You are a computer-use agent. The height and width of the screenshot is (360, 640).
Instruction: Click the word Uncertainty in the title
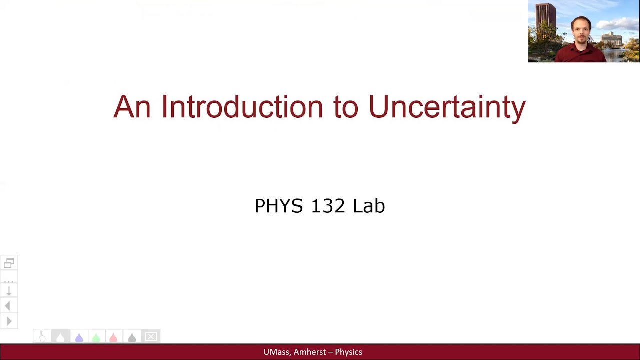[x=447, y=107]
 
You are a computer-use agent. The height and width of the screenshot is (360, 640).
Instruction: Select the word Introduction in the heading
[x=242, y=107]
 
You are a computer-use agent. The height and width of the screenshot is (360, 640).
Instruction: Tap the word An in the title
[x=132, y=107]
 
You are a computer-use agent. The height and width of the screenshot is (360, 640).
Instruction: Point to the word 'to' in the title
[x=346, y=108]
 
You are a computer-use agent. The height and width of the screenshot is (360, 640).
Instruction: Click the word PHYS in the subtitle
[x=278, y=206]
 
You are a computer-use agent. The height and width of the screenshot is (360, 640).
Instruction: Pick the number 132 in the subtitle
[x=328, y=206]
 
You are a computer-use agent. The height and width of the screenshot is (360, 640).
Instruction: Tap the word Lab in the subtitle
[x=369, y=206]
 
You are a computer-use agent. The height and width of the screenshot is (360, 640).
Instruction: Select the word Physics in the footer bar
[x=348, y=352]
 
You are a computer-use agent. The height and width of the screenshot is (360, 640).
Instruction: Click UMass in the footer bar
[x=276, y=352]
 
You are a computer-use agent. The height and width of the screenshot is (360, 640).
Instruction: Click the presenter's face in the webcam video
[x=581, y=31]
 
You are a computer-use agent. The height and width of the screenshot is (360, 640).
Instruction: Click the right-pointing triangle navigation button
[x=9, y=321]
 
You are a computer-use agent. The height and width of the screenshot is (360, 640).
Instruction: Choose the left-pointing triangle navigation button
[x=8, y=306]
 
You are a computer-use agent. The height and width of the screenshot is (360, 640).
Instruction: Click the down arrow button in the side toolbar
[x=9, y=291]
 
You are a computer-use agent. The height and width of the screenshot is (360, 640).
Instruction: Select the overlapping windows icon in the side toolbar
[x=9, y=263]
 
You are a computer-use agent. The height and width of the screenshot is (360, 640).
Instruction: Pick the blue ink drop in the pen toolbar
[x=78, y=337]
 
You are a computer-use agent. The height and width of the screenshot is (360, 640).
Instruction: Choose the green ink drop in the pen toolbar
[x=96, y=337]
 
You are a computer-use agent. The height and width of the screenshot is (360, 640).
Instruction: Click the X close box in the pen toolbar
[x=151, y=337]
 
